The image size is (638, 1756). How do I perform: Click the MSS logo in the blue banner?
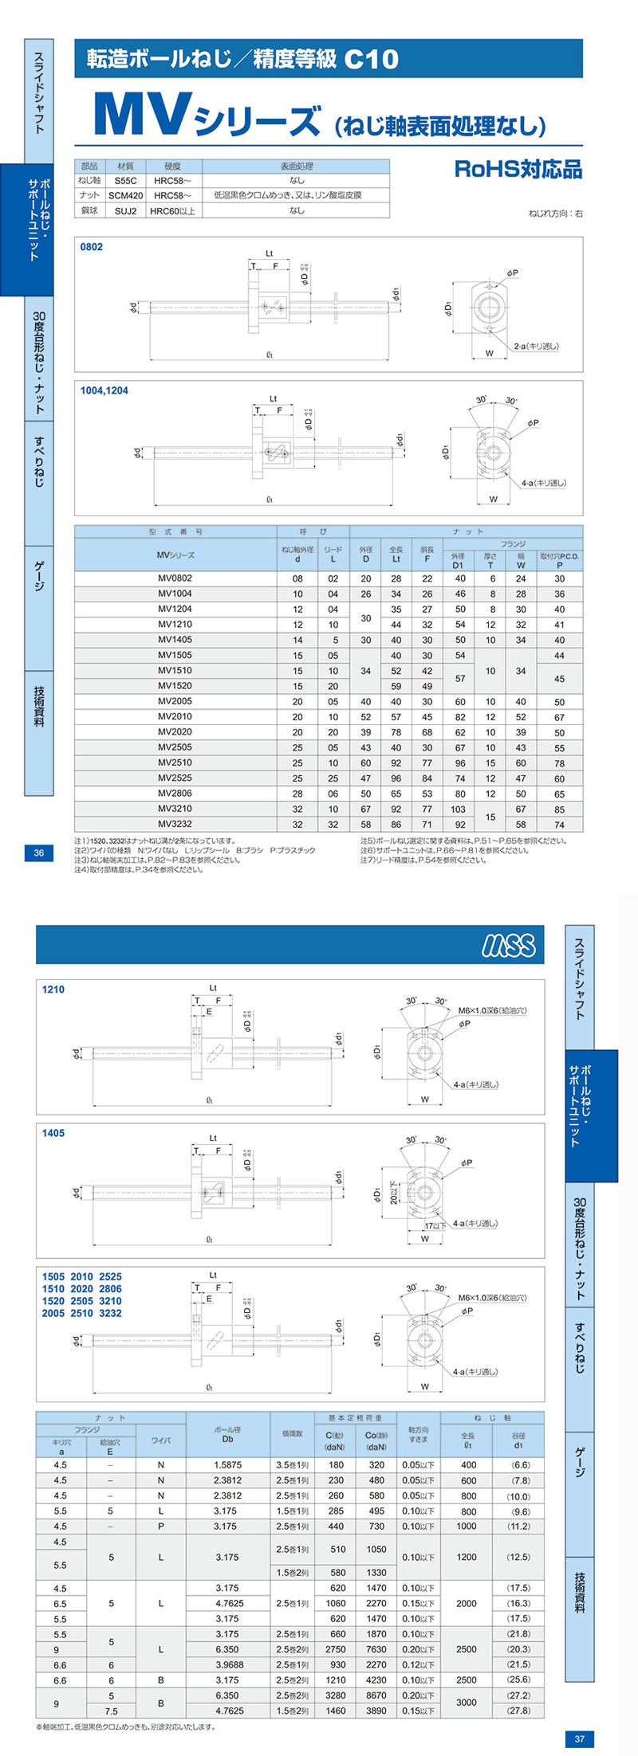point(508,945)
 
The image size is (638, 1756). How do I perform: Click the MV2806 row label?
point(175,794)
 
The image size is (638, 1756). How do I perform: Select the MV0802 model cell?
point(175,578)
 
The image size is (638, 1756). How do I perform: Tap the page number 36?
point(39,853)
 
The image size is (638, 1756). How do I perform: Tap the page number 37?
point(580,1739)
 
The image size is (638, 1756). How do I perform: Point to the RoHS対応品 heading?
point(518,169)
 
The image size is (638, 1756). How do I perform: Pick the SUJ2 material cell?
point(125,210)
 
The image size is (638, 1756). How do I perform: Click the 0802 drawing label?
point(92,247)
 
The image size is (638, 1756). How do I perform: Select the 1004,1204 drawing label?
point(104,391)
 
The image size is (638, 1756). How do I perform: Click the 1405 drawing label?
point(53,1133)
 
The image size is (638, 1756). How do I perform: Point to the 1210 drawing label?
point(53,990)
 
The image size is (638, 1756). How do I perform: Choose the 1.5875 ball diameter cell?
point(227,1464)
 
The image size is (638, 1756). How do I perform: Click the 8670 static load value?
point(376,1695)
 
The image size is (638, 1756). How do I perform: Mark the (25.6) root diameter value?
point(518,1680)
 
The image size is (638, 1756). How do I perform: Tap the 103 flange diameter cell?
point(458,809)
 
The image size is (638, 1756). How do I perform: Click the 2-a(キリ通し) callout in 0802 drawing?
point(535,347)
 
